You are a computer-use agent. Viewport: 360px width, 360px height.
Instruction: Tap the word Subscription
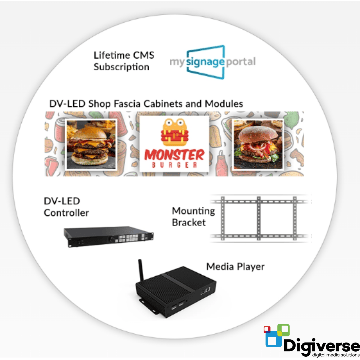[121, 67]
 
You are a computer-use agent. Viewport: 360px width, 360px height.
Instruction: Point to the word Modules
[224, 104]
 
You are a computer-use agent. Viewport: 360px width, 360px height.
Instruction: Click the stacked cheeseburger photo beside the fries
[91, 144]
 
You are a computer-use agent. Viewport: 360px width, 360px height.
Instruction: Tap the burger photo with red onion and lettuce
[257, 144]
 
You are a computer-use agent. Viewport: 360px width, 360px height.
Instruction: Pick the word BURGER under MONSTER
[174, 165]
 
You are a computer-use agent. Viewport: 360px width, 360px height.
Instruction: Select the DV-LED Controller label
[66, 207]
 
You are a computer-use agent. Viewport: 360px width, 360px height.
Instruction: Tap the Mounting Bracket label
[193, 217]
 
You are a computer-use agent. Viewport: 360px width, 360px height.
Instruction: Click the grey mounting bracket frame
[259, 218]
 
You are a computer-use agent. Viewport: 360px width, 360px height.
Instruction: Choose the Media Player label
[235, 267]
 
